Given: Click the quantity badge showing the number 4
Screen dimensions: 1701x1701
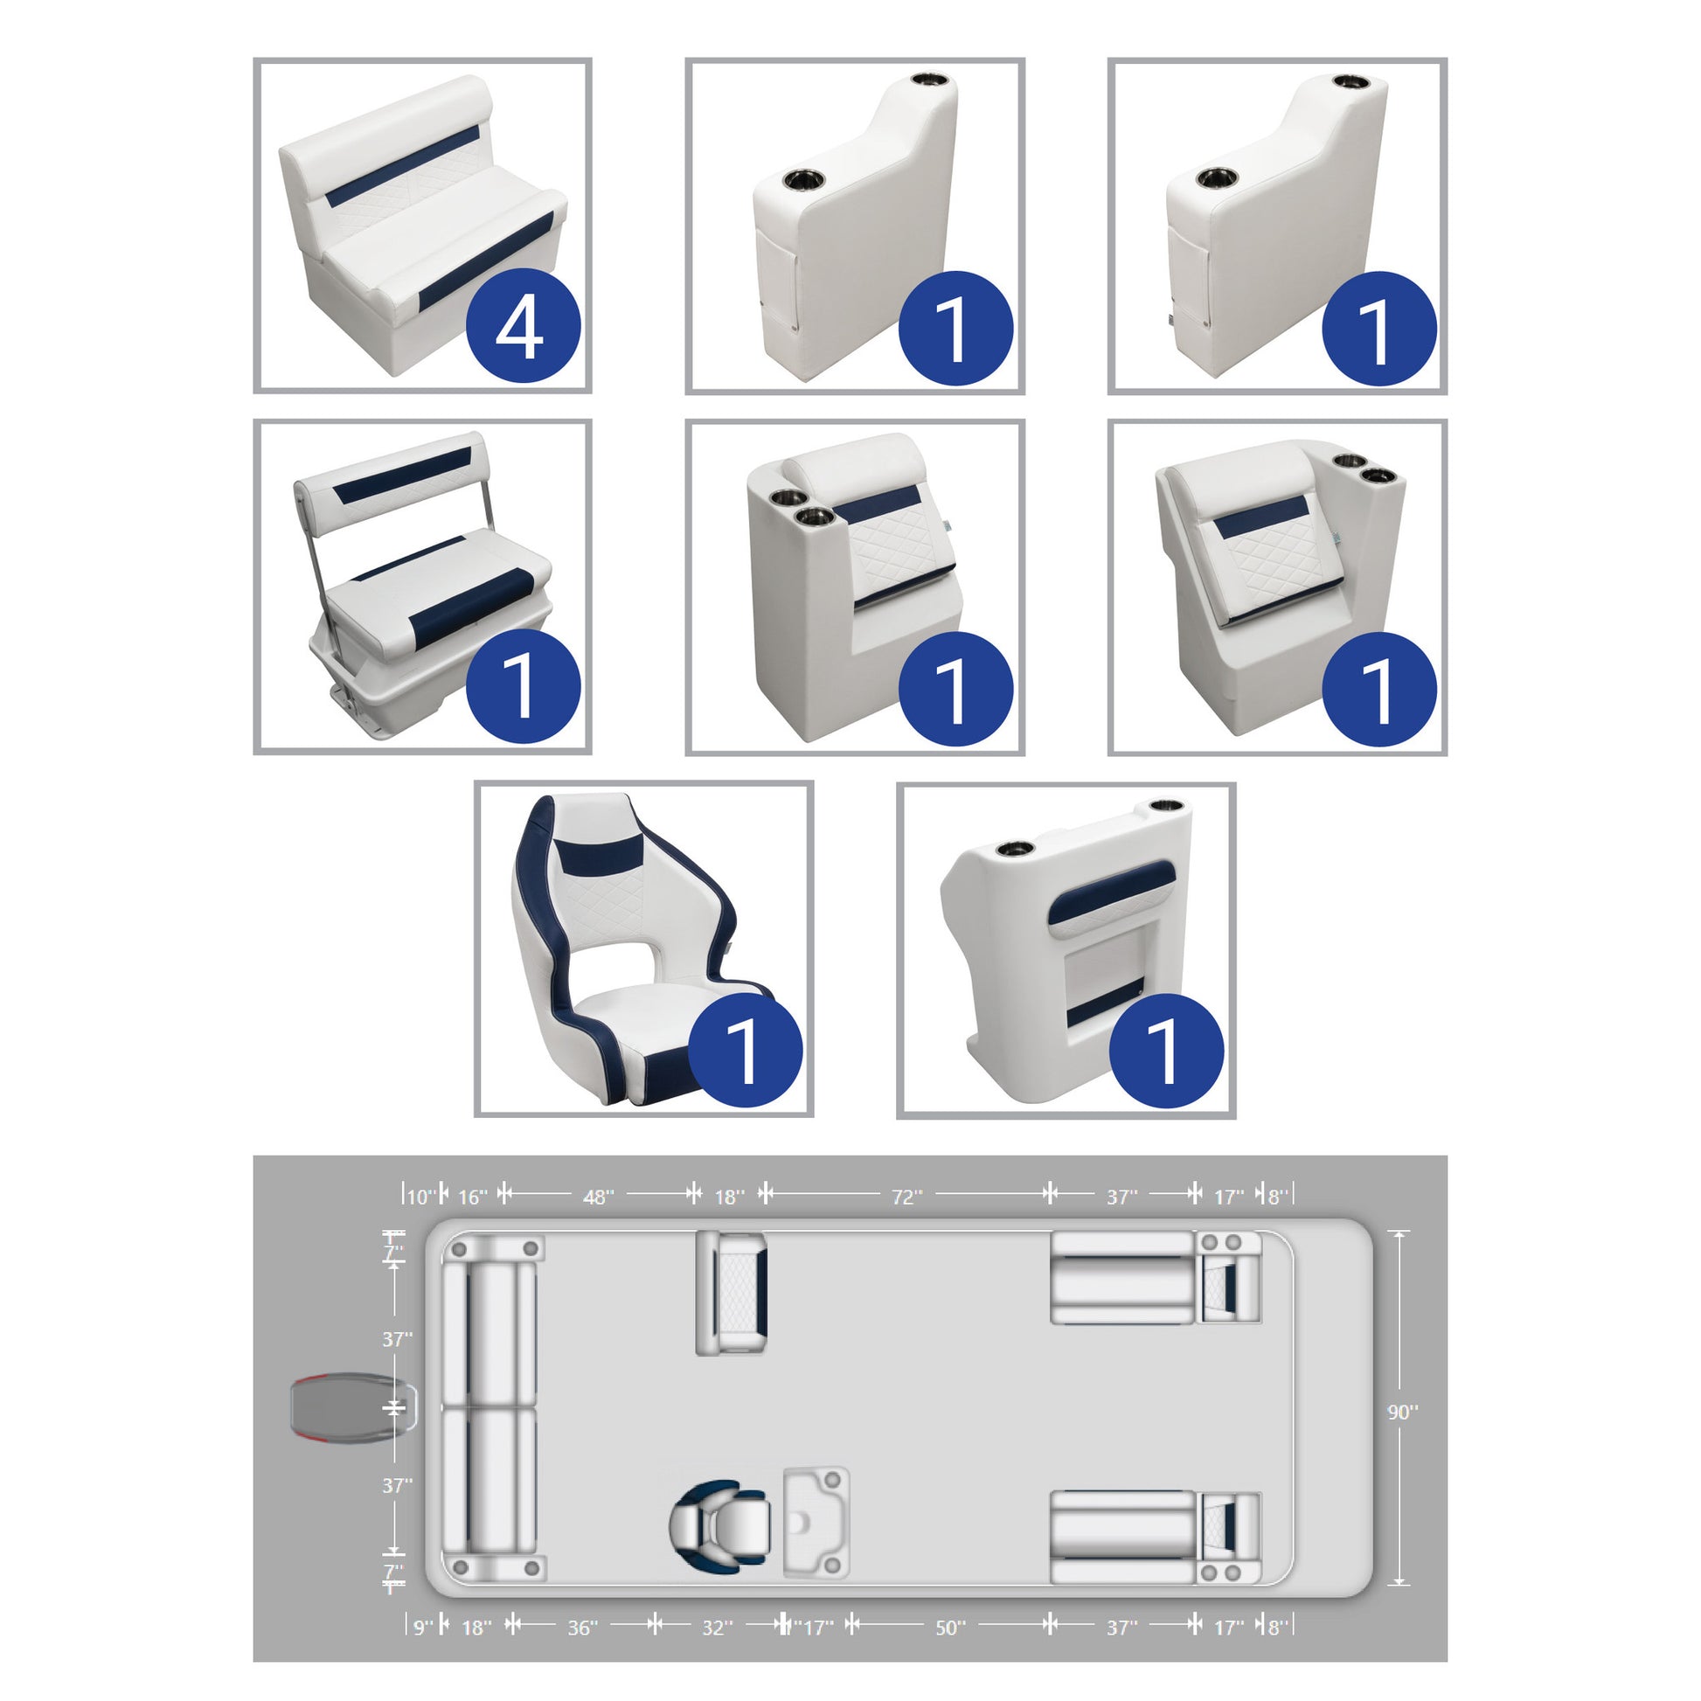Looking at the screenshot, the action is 522,326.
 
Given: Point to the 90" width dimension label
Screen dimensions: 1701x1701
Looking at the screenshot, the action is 1403,1413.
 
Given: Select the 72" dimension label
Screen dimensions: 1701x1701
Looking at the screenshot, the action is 906,1197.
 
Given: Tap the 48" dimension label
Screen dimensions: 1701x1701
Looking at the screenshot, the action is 599,1197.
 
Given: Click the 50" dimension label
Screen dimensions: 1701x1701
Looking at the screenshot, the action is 950,1602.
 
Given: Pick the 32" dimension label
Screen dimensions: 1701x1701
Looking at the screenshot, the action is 718,1602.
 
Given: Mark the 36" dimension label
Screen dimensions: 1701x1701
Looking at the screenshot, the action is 583,1602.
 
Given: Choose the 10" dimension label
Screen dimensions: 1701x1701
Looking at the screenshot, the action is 420,1197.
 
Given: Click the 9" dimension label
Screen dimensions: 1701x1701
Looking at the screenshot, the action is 424,1602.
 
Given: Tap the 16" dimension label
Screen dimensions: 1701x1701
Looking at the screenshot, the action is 473,1197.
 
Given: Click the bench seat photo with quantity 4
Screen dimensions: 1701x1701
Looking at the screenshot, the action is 422,226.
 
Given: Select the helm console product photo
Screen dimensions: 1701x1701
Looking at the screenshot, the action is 1066,951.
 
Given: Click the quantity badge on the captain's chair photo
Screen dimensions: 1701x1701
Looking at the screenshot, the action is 744,1050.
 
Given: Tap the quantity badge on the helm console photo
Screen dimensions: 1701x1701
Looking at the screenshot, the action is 1166,1050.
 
